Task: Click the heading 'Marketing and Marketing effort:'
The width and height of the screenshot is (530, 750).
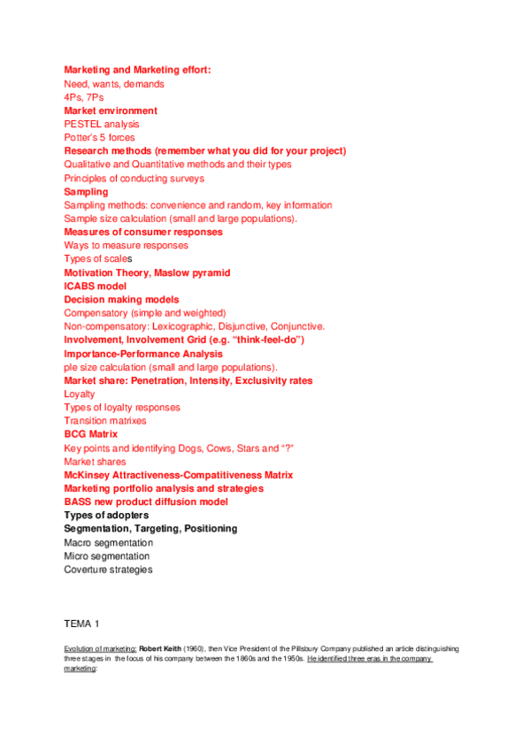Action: click(137, 70)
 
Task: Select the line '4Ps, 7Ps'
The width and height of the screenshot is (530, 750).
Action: click(83, 97)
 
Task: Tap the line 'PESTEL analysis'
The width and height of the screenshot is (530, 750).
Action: click(102, 125)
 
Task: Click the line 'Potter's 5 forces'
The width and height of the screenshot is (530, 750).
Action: click(100, 138)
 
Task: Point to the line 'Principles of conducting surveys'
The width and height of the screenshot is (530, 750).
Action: click(134, 179)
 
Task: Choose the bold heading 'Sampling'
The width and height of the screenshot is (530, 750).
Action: click(86, 192)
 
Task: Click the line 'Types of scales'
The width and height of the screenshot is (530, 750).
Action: click(97, 259)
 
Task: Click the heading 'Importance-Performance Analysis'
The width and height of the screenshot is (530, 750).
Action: click(143, 354)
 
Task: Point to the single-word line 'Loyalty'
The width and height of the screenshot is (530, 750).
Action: click(79, 394)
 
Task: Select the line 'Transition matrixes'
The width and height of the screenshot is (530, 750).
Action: click(105, 421)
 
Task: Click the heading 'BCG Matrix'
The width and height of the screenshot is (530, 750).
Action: click(91, 435)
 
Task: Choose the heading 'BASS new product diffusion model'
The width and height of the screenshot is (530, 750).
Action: click(146, 502)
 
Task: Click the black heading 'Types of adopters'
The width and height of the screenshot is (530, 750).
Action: click(106, 516)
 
